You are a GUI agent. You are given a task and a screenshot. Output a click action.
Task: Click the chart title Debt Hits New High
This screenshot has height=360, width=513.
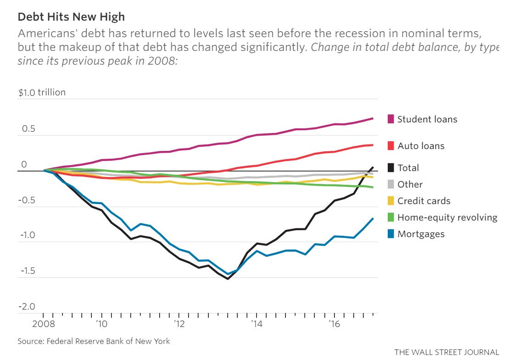pos(71,17)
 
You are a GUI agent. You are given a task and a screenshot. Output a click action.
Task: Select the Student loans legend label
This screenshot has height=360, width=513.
pos(427,119)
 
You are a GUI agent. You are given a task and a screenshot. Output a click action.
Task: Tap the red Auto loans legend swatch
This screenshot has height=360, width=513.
pos(391,146)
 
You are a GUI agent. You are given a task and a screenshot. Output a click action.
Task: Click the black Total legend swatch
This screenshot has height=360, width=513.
pos(391,168)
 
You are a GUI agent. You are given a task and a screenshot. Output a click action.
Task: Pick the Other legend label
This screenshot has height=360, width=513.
pos(410,184)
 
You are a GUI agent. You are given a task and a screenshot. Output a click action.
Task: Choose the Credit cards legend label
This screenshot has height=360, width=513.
pos(424,201)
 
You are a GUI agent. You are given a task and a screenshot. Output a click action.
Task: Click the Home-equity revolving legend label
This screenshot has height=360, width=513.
pos(447,217)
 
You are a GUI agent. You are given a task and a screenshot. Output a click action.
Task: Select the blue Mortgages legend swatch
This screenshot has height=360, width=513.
pos(391,234)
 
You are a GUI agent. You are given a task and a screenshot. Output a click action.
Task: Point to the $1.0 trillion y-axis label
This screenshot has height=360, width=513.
pos(42,92)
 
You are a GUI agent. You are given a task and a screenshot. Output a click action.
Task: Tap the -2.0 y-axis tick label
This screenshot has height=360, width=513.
pos(27,306)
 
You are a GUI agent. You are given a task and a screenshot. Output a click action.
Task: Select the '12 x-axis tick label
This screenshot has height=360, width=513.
pos(178,324)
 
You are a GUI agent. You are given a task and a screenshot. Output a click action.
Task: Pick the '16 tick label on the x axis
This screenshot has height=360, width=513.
pos(334,324)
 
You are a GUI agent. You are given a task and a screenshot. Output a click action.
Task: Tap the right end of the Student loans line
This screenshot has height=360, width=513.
pos(373,118)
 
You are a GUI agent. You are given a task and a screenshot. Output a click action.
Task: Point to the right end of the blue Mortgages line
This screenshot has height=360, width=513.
pos(373,218)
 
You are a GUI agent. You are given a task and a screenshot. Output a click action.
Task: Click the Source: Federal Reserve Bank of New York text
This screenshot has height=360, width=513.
pos(94,341)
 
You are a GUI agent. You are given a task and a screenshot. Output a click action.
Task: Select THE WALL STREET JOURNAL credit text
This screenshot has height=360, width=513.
pos(446,352)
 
